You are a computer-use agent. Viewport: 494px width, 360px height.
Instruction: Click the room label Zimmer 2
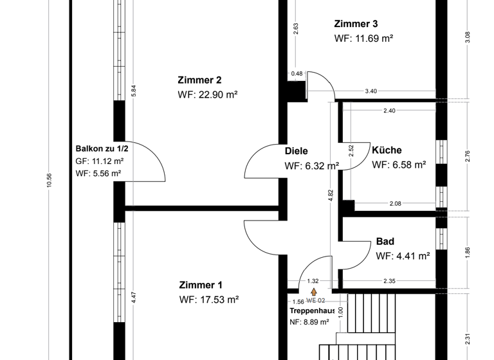199,80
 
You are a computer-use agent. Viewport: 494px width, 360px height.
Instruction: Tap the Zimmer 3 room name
356,24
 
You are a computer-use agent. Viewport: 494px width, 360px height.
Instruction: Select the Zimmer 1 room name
201,285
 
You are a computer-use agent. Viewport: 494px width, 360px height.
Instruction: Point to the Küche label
387,150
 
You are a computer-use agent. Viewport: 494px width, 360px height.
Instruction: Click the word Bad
385,242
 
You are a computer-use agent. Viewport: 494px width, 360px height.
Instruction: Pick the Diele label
297,152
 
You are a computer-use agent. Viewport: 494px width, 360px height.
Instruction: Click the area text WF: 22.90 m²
208,95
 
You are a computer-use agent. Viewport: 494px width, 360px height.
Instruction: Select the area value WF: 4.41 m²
403,256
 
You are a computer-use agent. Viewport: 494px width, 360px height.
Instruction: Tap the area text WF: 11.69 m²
363,39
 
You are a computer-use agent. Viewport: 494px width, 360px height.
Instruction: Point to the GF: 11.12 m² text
99,161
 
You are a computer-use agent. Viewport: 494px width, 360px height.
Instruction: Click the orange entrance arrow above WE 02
314,292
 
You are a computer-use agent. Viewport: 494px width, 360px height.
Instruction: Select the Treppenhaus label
311,310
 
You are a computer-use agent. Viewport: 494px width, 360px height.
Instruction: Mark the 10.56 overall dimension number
49,181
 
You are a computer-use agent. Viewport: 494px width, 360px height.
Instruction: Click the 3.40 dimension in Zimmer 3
370,91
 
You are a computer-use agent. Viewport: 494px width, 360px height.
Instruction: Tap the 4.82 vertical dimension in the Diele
331,196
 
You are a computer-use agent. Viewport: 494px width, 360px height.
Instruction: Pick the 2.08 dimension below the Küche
396,204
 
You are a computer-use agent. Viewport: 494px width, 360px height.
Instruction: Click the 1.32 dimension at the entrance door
313,281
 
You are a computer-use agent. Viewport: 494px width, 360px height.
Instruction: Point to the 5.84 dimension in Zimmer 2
134,91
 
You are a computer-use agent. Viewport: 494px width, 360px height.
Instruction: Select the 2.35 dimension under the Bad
389,281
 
